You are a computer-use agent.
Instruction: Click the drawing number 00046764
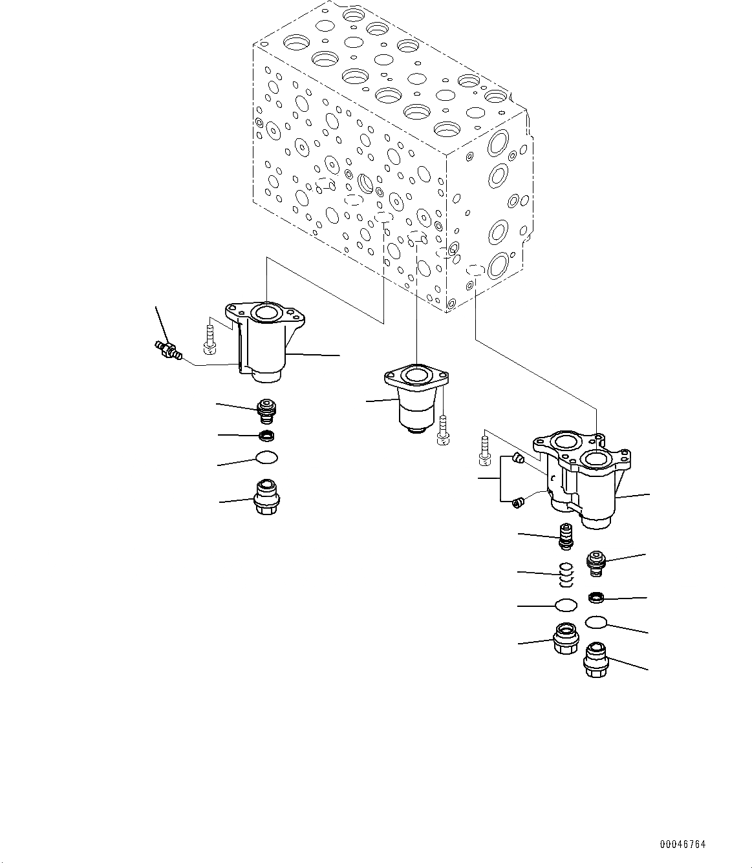click(x=683, y=844)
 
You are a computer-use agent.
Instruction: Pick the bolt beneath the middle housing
click(x=443, y=430)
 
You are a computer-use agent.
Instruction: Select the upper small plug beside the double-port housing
click(x=516, y=460)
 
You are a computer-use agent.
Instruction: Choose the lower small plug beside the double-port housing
click(x=517, y=502)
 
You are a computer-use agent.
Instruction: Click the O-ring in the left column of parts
click(x=266, y=458)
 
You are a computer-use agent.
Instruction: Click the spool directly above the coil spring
click(x=566, y=536)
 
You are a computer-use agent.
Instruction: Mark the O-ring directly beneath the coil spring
click(x=566, y=605)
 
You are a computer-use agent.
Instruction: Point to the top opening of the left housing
click(x=266, y=313)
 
